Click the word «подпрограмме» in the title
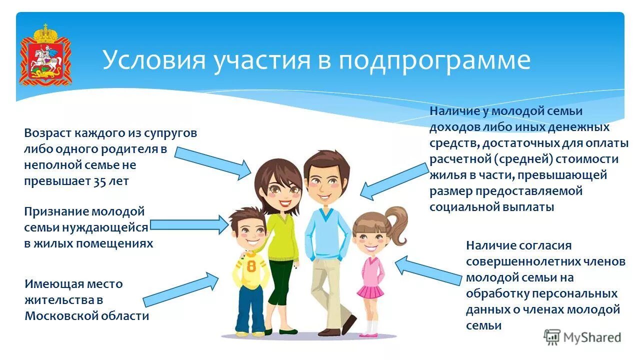(434, 60)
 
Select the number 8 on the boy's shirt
(251, 265)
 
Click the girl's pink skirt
(370, 291)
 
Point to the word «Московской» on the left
(58, 316)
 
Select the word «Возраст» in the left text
(47, 133)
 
